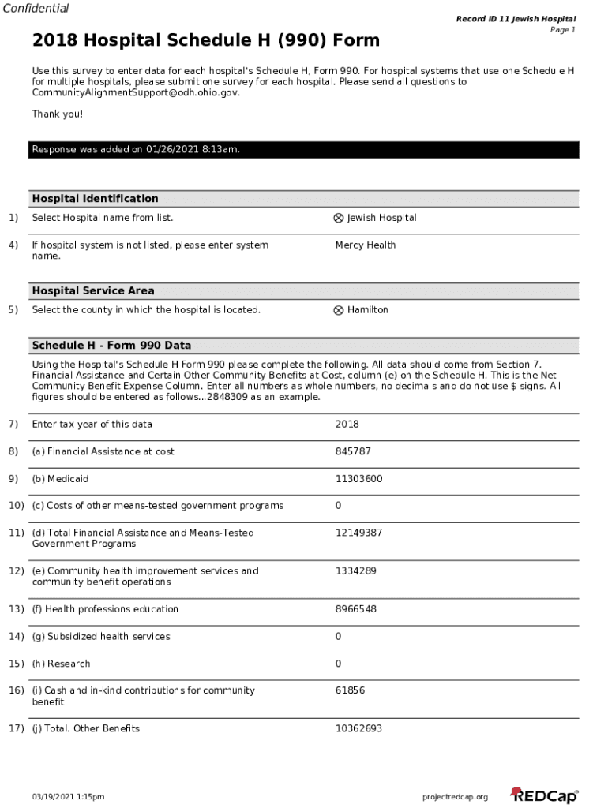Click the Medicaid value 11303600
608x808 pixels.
(x=358, y=479)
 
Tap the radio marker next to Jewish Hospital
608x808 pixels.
(x=339, y=218)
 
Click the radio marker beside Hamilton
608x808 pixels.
(x=339, y=310)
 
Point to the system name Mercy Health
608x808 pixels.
(x=365, y=245)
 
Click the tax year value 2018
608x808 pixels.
(x=347, y=425)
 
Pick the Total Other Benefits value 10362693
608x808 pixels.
(x=358, y=728)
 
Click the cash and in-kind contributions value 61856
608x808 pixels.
(x=350, y=690)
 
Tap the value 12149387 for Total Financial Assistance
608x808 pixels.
(x=358, y=533)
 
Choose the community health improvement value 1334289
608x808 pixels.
(x=355, y=570)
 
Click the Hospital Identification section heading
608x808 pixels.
(x=95, y=199)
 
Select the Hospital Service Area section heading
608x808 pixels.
(x=93, y=291)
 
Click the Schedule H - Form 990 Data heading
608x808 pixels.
(x=111, y=346)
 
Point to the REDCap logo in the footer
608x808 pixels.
(x=544, y=795)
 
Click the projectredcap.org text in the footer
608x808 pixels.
(x=456, y=797)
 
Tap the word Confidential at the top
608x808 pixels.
(x=35, y=9)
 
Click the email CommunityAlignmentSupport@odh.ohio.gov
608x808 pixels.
(x=135, y=92)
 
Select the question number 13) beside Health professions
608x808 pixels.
(x=16, y=609)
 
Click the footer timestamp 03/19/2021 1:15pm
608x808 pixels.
(x=68, y=797)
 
